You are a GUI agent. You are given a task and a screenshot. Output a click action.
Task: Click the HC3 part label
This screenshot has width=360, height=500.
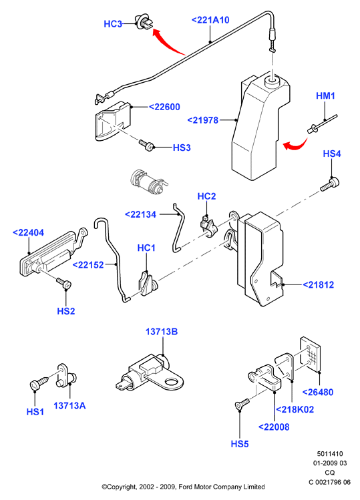(x=113, y=24)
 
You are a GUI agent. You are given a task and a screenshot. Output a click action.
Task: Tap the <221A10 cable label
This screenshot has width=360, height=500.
(x=210, y=20)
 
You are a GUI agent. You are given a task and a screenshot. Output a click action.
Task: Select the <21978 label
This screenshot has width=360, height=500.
(x=202, y=120)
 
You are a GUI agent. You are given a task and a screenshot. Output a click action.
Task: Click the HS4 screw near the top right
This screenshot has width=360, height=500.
(x=330, y=184)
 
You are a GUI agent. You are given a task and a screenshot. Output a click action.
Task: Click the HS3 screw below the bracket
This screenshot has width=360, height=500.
(x=146, y=145)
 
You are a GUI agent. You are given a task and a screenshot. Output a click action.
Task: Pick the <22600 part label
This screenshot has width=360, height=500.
(x=164, y=107)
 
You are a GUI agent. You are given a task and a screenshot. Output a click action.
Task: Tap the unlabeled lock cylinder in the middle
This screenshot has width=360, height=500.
(x=148, y=182)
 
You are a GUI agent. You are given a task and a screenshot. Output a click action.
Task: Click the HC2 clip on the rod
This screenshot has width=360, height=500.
(x=209, y=226)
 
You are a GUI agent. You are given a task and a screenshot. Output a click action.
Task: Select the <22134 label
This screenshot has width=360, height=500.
(x=140, y=214)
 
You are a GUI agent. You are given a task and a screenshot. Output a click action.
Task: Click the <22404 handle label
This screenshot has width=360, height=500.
(x=28, y=233)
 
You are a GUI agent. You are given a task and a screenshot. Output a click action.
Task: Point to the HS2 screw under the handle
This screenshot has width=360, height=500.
(x=64, y=283)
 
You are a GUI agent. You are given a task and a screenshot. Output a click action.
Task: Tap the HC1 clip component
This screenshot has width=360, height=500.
(x=147, y=283)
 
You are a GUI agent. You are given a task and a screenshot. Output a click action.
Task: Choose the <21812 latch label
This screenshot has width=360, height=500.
(x=318, y=285)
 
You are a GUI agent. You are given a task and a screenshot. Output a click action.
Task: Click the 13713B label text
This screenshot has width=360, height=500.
(x=162, y=332)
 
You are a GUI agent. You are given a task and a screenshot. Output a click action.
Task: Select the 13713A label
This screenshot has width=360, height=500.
(x=69, y=406)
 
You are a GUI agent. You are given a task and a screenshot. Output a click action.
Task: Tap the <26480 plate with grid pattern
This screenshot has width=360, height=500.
(x=310, y=354)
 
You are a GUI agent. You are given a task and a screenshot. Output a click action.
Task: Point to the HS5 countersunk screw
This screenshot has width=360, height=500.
(x=242, y=403)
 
